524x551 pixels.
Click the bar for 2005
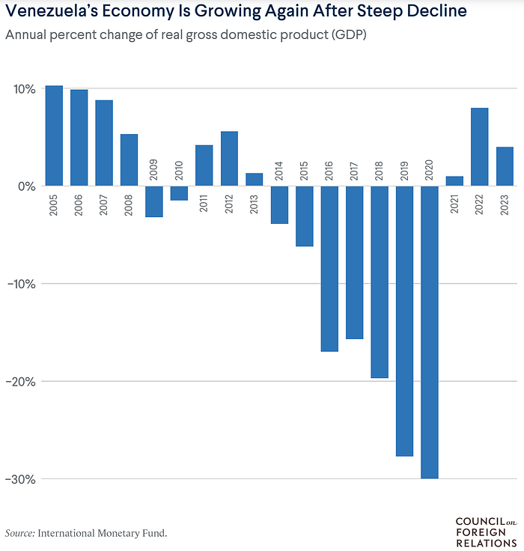[54, 136]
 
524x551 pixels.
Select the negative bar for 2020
[430, 332]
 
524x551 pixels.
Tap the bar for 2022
[480, 147]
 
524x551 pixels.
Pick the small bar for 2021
[454, 181]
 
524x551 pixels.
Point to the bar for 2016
[329, 268]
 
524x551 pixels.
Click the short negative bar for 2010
[179, 193]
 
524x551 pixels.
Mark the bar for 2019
[405, 320]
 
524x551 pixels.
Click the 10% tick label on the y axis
[24, 89]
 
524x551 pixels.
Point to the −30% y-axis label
[21, 479]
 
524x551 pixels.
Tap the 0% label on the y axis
[27, 186]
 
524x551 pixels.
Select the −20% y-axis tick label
[21, 381]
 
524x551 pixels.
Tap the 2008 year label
[129, 205]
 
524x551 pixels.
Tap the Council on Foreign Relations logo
[486, 532]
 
